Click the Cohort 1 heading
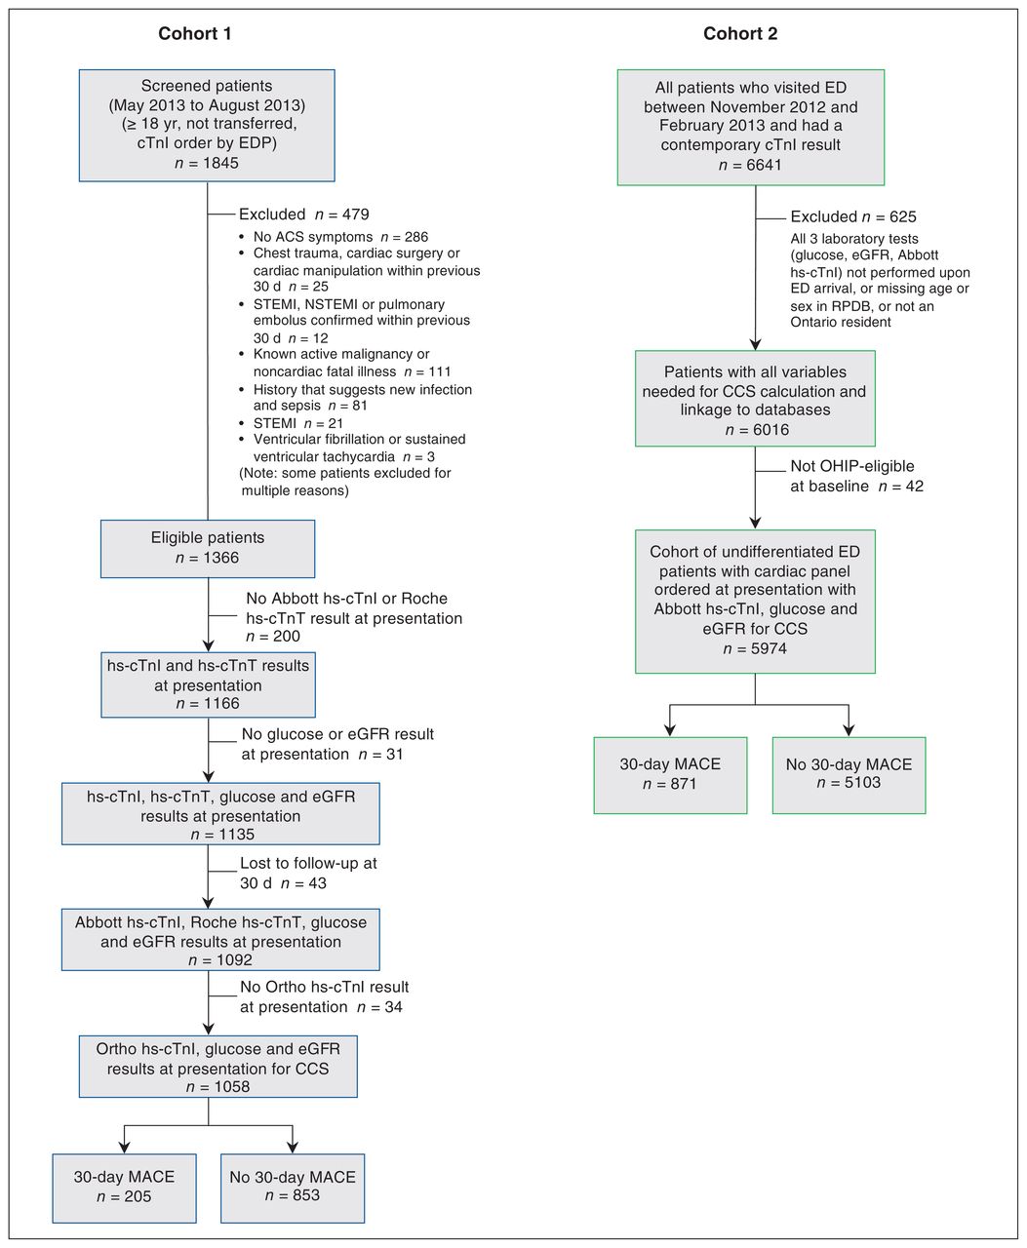pos(194,34)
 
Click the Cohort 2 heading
pos(740,34)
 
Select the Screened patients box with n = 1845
pos(207,126)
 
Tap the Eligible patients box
pos(207,549)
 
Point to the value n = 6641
pos(750,165)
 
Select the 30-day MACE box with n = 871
pos(670,775)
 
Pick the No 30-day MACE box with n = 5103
pos(849,775)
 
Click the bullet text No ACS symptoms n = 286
pos(340,237)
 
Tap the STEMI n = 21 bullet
pos(298,424)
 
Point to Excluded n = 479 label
pos(303,214)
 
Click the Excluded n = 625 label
pos(853,216)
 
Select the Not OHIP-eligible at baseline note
pos(856,476)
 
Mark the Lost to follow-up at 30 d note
pos(308,873)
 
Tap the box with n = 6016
pos(755,398)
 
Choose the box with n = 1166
pos(208,684)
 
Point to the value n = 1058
pos(217,1086)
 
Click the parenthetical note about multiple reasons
pos(345,482)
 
